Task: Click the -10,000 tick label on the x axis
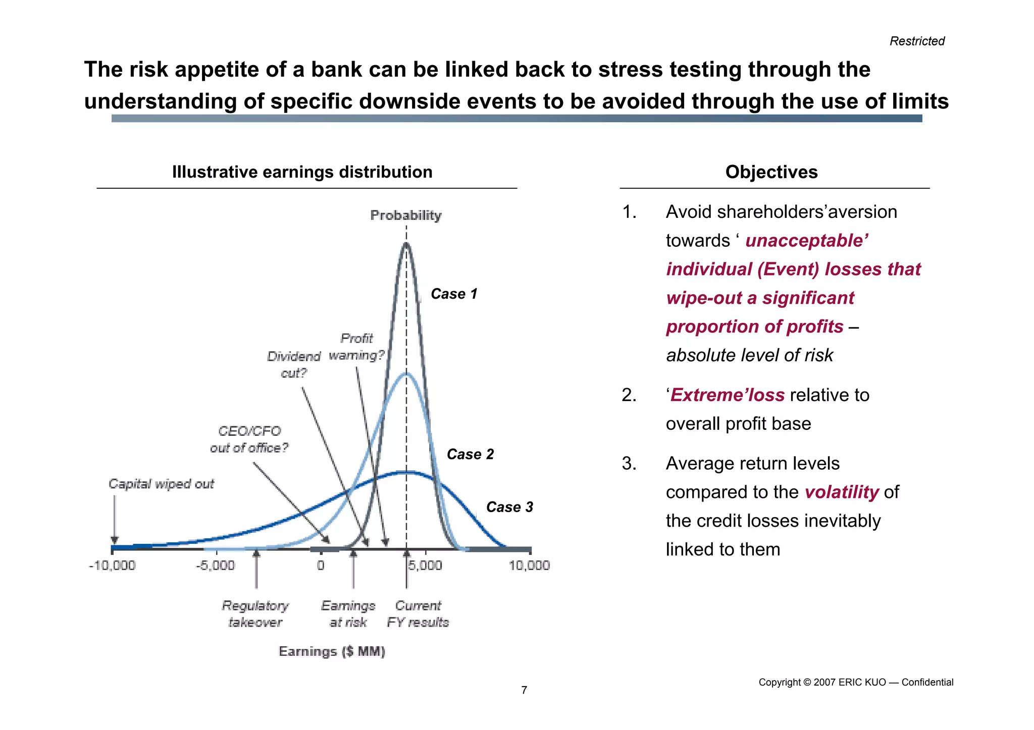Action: coord(112,566)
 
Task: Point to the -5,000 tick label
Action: coord(216,566)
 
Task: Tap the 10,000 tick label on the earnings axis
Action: coord(529,566)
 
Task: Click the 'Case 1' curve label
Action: coord(454,294)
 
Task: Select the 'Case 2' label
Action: coord(470,455)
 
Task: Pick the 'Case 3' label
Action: coord(509,507)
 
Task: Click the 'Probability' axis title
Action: coord(406,215)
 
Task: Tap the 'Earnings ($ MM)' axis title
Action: coord(332,651)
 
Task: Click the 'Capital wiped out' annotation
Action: coord(161,484)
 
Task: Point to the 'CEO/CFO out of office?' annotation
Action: coord(249,439)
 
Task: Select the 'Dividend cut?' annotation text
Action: coord(294,365)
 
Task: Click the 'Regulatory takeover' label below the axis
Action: coord(255,613)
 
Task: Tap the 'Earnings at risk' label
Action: coord(348,613)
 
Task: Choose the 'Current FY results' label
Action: coord(418,613)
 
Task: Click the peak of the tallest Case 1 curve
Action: coord(406,244)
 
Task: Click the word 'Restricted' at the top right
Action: coord(917,41)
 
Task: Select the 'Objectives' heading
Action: coord(771,172)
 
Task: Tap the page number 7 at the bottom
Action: coord(524,690)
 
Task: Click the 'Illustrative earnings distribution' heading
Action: coord(302,172)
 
